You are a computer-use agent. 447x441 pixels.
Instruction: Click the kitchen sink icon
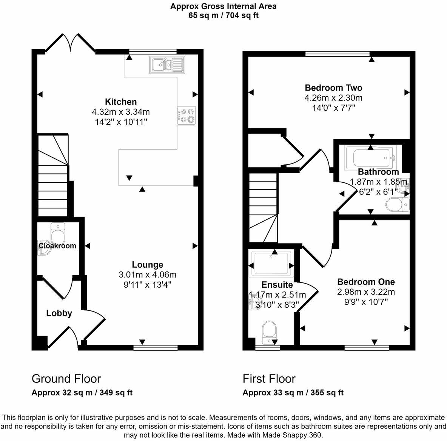click(x=167, y=65)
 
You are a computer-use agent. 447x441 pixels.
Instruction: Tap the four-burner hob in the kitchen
click(x=187, y=116)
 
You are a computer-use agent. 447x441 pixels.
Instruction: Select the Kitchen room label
click(x=121, y=102)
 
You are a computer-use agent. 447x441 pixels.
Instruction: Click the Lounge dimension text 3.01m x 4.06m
click(x=148, y=274)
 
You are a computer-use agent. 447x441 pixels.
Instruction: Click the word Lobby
click(x=59, y=313)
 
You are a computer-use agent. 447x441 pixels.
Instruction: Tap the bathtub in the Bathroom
click(x=370, y=158)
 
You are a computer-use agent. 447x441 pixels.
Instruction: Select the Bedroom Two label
click(x=333, y=88)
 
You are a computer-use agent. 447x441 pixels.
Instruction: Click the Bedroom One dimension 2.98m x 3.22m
click(x=366, y=291)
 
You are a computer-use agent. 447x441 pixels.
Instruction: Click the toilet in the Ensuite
click(x=269, y=333)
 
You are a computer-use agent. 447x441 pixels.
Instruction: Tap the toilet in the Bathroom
click(x=398, y=205)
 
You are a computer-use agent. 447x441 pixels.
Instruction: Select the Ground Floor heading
click(x=66, y=379)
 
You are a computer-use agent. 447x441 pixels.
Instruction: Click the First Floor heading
click(x=269, y=379)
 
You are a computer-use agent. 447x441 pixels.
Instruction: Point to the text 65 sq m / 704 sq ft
click(x=223, y=15)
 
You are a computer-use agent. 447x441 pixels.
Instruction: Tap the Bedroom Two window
click(x=338, y=53)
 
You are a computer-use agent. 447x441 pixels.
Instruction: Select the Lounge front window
click(x=156, y=347)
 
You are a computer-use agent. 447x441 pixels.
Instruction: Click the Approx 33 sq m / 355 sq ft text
click(x=293, y=393)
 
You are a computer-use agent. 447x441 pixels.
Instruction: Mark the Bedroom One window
click(x=367, y=347)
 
